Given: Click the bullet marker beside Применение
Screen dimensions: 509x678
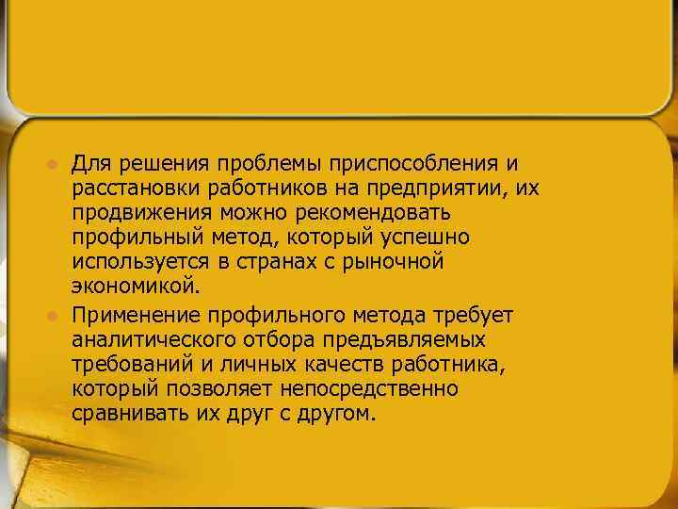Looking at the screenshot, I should click(54, 314).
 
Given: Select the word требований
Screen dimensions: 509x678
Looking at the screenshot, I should click(128, 363).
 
